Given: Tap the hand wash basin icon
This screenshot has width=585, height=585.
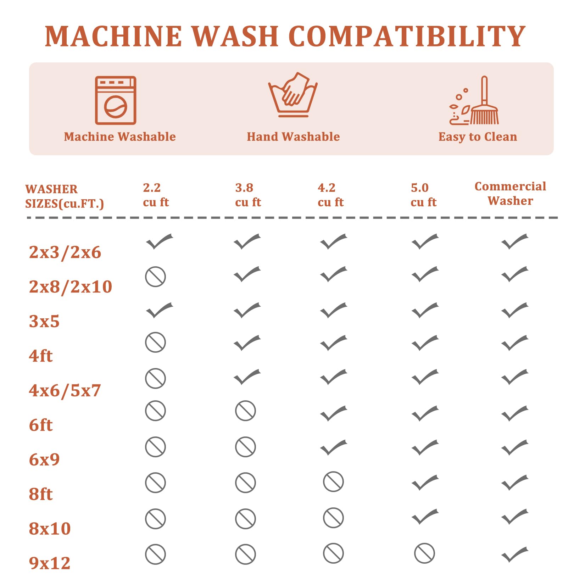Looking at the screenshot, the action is pyautogui.click(x=293, y=95).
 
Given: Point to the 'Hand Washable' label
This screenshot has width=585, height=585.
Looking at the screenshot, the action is pyautogui.click(x=293, y=137).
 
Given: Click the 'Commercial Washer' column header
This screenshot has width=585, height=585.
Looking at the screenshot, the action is pyautogui.click(x=510, y=194).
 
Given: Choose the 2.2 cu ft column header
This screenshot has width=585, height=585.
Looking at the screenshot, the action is pyautogui.click(x=156, y=195).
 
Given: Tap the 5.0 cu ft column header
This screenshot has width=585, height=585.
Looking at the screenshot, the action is pyautogui.click(x=423, y=195).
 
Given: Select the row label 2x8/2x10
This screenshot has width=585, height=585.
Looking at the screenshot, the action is pyautogui.click(x=71, y=286).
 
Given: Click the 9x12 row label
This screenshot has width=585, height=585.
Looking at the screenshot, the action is pyautogui.click(x=50, y=563).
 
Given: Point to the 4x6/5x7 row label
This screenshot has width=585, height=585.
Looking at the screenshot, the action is pyautogui.click(x=65, y=390).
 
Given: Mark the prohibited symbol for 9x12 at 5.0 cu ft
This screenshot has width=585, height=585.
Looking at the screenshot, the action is pyautogui.click(x=424, y=553).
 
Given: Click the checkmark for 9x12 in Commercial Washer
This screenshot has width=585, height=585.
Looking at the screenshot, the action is pyautogui.click(x=515, y=555).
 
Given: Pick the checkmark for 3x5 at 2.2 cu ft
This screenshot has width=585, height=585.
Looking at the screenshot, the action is pyautogui.click(x=160, y=310).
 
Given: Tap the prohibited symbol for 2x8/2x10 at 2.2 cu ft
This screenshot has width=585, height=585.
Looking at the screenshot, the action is pyautogui.click(x=155, y=277).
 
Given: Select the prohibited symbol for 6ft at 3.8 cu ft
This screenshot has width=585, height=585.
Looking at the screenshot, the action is pyautogui.click(x=245, y=411).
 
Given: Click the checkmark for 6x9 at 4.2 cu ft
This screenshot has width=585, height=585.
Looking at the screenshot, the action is pyautogui.click(x=334, y=447).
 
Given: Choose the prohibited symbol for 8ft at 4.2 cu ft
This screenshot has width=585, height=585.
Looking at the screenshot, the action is pyautogui.click(x=333, y=482).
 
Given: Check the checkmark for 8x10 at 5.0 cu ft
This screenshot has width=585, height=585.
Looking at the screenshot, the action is pyautogui.click(x=425, y=517).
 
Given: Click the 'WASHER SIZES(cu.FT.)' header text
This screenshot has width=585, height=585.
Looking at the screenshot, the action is pyautogui.click(x=65, y=196).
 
